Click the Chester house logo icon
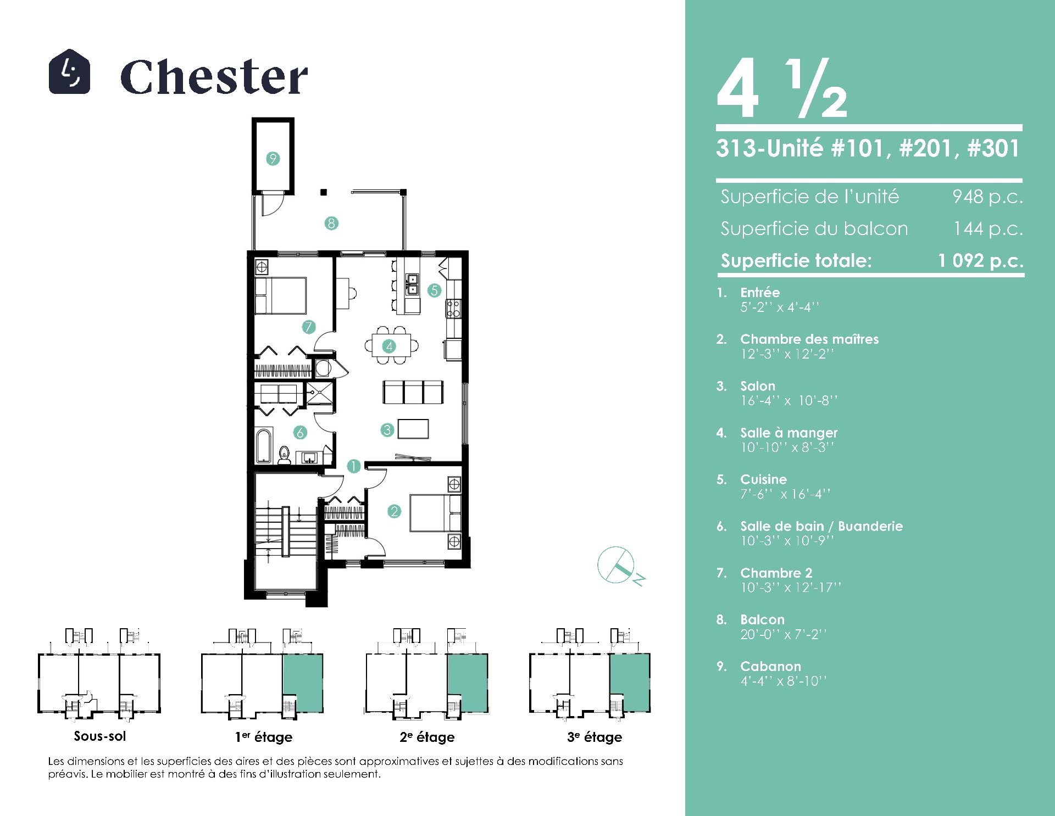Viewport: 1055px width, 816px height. point(69,71)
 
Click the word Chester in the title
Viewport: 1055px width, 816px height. point(214,76)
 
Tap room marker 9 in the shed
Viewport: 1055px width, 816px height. point(273,159)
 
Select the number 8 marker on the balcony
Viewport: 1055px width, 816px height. point(331,223)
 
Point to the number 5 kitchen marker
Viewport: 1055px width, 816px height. point(435,290)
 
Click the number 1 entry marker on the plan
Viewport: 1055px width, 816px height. point(353,466)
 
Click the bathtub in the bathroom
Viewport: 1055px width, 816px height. point(264,445)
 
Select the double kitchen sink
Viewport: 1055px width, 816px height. point(412,283)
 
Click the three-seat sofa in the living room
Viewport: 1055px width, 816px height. point(413,392)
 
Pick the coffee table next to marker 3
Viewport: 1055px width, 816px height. point(413,428)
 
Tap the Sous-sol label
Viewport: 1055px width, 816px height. point(100,736)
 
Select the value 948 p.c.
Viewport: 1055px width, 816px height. point(987,197)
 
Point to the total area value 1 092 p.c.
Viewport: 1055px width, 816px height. point(981,260)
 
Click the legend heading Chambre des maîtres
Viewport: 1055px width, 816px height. point(809,339)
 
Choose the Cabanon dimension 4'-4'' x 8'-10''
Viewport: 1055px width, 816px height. point(784,681)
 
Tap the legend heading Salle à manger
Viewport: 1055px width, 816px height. point(789,433)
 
